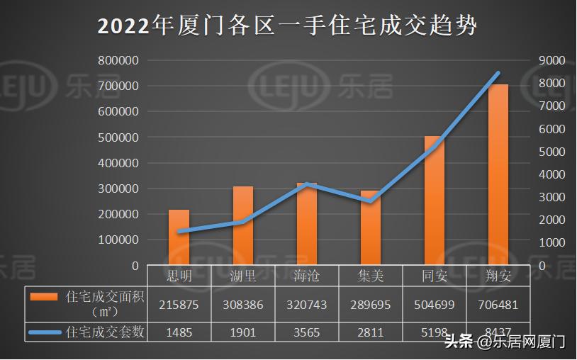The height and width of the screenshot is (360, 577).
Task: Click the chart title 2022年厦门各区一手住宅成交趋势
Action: tap(288, 26)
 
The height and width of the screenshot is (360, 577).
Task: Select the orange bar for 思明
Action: tap(179, 237)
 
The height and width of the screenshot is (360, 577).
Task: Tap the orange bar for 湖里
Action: tap(242, 225)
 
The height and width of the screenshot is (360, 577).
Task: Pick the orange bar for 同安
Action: tap(434, 201)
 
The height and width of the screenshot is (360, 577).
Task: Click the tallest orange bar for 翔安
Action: tap(498, 174)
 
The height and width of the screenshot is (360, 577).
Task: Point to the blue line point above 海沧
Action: tap(306, 184)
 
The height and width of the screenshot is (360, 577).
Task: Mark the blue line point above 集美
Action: tap(370, 201)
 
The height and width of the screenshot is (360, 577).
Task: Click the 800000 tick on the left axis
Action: tap(118, 61)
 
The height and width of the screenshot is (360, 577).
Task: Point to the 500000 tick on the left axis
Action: tap(118, 137)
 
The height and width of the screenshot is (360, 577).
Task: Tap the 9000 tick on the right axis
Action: tap(551, 61)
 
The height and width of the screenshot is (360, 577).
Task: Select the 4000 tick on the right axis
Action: tap(551, 174)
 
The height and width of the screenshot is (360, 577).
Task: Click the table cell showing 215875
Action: tap(179, 305)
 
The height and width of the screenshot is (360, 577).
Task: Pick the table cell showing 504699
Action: tap(434, 305)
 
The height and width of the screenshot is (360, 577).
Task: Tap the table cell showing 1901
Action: tap(242, 332)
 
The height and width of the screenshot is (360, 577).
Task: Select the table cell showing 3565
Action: tap(306, 332)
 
